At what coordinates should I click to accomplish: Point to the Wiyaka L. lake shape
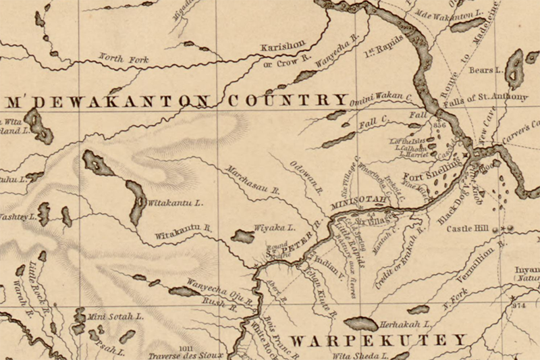tap(242, 236)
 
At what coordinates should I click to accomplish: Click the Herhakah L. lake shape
tap(360, 325)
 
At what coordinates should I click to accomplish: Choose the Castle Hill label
tap(467, 229)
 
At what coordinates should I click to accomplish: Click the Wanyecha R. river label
tap(333, 50)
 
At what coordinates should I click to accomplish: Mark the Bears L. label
tap(487, 69)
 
